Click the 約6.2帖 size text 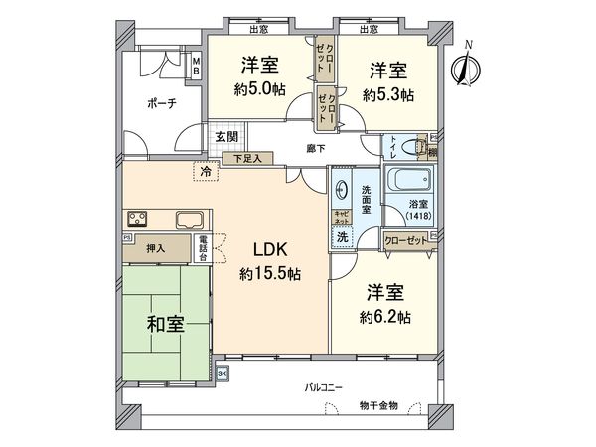tap(384, 321)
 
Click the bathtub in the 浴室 tap(407, 183)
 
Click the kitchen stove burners tap(137, 219)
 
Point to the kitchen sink tap(190, 220)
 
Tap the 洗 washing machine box tap(341, 237)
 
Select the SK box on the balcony tap(223, 373)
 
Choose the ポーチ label tap(161, 104)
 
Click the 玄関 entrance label tap(225, 136)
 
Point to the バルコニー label tap(324, 387)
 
